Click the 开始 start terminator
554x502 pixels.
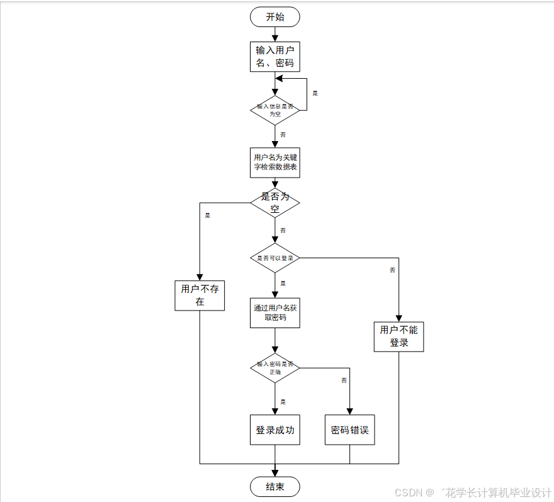(275, 17)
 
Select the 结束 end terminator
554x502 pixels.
(275, 486)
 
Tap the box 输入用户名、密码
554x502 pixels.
(275, 57)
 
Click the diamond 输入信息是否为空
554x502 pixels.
(275, 110)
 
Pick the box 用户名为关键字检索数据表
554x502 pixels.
(275, 163)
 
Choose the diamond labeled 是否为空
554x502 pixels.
(275, 203)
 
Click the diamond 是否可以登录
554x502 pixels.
(275, 258)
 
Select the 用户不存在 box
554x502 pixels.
(200, 295)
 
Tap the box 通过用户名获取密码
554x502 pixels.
(275, 312)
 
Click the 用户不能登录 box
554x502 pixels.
(399, 336)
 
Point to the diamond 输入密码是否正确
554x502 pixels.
(275, 368)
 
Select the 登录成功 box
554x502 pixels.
(275, 430)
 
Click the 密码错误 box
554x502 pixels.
(349, 430)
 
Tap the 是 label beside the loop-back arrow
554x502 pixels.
(315, 93)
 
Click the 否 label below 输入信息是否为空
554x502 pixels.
(283, 135)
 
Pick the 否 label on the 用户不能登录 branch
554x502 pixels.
(392, 270)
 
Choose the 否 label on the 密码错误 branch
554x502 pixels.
(344, 380)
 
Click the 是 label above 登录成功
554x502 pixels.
(283, 402)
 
